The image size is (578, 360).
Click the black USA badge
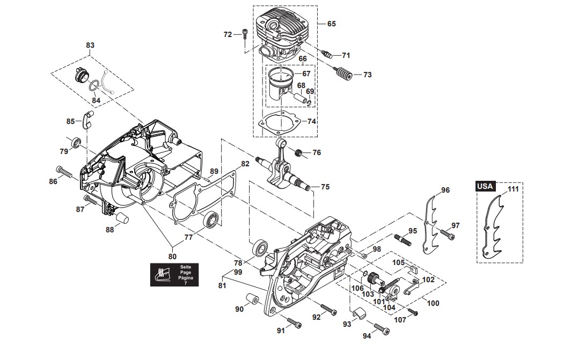pos(485,186)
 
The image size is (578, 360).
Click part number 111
pos(514,189)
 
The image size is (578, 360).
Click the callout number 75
pos(325,187)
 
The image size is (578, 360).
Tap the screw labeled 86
pos(65,174)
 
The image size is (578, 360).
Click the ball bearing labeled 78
pos(261,249)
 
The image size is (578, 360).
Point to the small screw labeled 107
pos(412,312)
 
